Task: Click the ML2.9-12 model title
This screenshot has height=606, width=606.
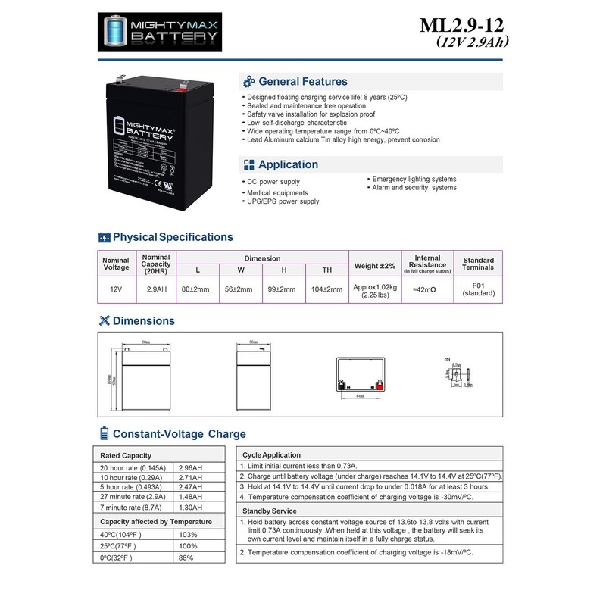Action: tap(463, 26)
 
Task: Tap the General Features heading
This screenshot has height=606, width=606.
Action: tap(302, 81)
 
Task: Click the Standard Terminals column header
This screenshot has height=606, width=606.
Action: tap(478, 263)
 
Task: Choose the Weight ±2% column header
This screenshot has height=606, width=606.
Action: tap(374, 266)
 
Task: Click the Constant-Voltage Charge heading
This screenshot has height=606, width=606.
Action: tap(179, 434)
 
